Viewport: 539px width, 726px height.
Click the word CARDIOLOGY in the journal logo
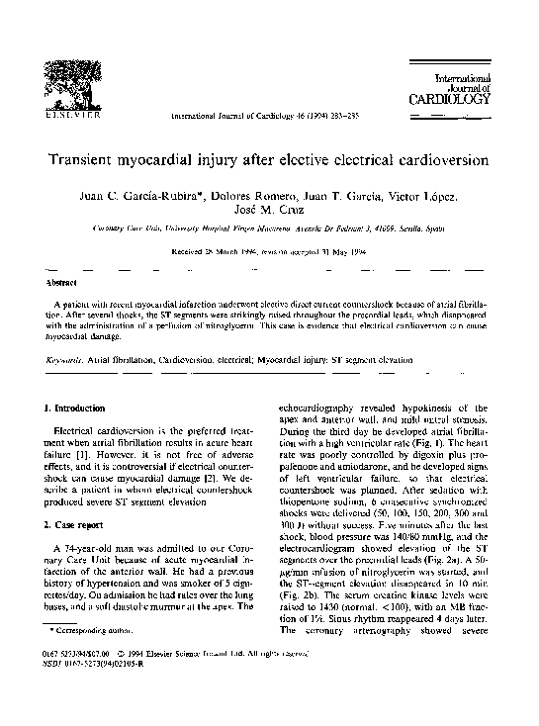pyautogui.click(x=448, y=99)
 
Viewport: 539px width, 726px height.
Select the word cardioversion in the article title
pyautogui.click(x=436, y=159)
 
